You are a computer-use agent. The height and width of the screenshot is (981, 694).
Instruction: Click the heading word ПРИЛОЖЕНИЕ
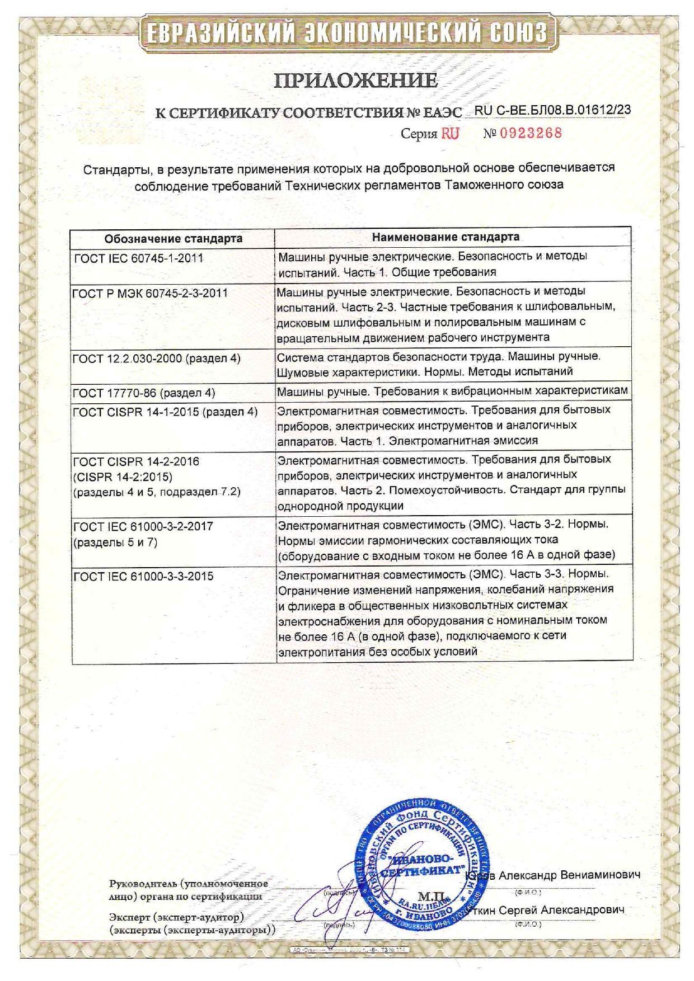click(355, 81)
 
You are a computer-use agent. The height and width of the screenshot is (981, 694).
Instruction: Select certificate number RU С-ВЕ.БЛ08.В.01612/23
click(552, 110)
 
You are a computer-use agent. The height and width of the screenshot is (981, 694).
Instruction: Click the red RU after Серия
click(449, 133)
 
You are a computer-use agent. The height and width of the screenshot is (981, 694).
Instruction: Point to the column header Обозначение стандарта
click(173, 238)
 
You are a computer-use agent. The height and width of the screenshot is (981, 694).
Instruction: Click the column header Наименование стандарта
click(446, 237)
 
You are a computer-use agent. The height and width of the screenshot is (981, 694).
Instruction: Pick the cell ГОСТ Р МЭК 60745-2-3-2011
click(151, 293)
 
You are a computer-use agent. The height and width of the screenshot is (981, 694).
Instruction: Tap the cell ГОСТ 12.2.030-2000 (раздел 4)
click(157, 358)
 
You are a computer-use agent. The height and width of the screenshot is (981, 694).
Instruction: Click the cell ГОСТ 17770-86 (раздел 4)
click(144, 393)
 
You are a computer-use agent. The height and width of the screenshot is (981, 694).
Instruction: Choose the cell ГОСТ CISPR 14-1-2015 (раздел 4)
click(165, 412)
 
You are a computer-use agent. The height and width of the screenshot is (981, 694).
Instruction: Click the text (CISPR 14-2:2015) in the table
click(123, 477)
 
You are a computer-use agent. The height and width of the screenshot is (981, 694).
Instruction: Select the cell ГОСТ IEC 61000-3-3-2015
click(143, 576)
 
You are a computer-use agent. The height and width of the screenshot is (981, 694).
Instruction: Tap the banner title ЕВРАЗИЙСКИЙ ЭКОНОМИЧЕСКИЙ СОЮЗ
click(346, 33)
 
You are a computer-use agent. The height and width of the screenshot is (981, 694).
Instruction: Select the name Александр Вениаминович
click(569, 875)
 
